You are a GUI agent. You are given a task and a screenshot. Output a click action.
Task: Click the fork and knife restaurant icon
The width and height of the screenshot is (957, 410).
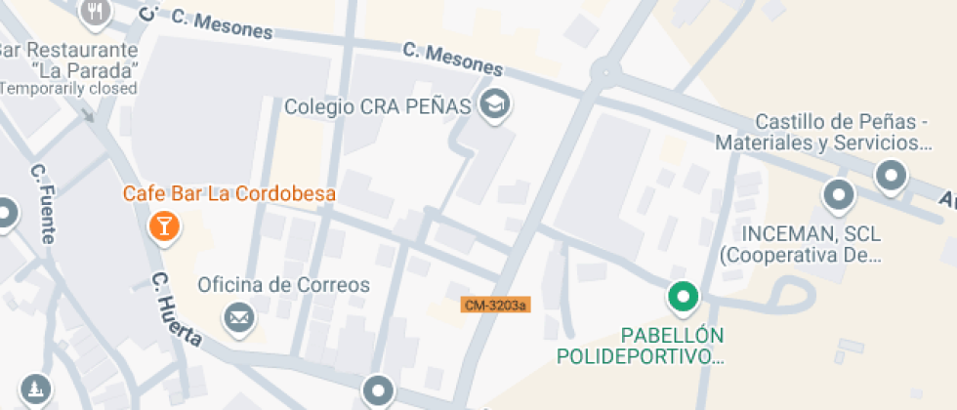click(x=95, y=11)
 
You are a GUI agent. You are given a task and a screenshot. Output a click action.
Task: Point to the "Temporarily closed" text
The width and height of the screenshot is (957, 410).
click(x=68, y=88)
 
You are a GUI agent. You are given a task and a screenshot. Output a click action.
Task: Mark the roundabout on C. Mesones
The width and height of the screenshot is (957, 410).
click(x=605, y=71)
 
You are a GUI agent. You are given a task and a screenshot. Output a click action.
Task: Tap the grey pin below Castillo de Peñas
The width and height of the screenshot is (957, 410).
click(x=891, y=177)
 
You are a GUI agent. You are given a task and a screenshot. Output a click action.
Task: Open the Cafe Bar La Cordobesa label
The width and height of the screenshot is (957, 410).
click(x=229, y=193)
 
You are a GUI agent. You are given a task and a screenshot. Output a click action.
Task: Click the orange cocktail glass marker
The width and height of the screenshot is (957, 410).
click(x=163, y=227)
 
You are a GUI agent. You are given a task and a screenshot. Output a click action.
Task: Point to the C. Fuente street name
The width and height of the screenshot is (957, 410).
click(x=44, y=203)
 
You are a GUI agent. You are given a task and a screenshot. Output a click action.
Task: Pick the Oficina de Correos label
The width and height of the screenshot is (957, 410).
click(x=284, y=285)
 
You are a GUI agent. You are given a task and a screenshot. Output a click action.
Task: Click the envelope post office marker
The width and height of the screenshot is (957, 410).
click(x=237, y=316)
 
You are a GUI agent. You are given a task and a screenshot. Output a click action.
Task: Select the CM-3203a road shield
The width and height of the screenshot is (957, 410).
click(x=495, y=306)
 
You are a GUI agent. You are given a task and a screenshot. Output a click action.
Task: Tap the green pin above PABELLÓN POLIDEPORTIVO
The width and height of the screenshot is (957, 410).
click(x=683, y=296)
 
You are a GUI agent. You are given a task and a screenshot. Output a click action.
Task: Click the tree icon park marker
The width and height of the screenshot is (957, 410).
click(x=35, y=388)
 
